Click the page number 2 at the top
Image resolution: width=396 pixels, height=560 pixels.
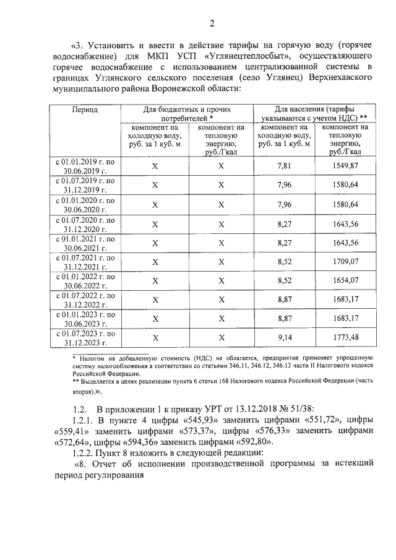tap(212, 24)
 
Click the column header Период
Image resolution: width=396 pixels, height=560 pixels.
tap(85, 110)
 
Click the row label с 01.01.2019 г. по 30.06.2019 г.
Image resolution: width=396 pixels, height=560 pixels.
tap(85, 165)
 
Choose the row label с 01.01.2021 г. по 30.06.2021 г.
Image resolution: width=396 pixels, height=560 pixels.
tap(85, 242)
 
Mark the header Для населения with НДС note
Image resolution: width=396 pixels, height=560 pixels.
tap(313, 113)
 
